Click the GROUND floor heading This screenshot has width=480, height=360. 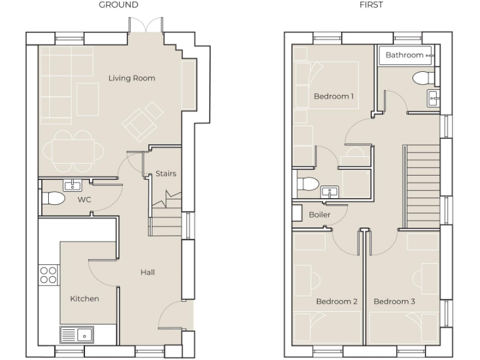coord(119,5)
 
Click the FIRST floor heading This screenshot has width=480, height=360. coord(371,5)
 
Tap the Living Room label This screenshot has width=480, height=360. coord(131,78)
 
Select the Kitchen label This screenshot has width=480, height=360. coord(84,299)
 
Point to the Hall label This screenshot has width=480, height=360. coord(147,272)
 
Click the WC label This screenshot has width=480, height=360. coord(84,200)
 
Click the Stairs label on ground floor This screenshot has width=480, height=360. coord(166,174)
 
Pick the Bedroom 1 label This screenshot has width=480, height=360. coord(334,96)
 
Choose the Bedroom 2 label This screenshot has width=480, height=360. coord(336,301)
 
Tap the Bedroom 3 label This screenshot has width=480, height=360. coord(394,301)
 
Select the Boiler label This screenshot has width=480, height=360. coord(319,214)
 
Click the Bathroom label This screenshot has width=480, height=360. coord(404,55)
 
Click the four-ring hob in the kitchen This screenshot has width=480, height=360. coord(49,275)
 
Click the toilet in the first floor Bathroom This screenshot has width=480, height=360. coord(423,77)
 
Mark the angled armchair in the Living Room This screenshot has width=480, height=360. coord(143,122)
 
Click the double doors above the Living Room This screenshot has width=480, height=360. coord(146,26)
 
